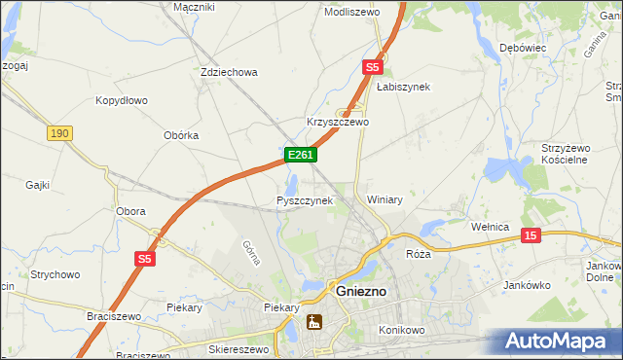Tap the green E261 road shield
(x=300, y=156)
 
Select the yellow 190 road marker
(x=58, y=133)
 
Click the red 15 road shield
(x=530, y=235)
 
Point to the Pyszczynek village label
(x=305, y=200)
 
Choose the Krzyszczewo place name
(x=338, y=122)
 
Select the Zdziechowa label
(x=228, y=72)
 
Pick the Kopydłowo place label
(x=121, y=100)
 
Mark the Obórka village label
(x=181, y=135)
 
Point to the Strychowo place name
(x=55, y=275)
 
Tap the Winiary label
(x=385, y=199)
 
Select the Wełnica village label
(x=490, y=227)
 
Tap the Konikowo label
(x=404, y=330)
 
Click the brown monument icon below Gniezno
(x=314, y=322)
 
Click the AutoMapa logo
(x=557, y=342)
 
